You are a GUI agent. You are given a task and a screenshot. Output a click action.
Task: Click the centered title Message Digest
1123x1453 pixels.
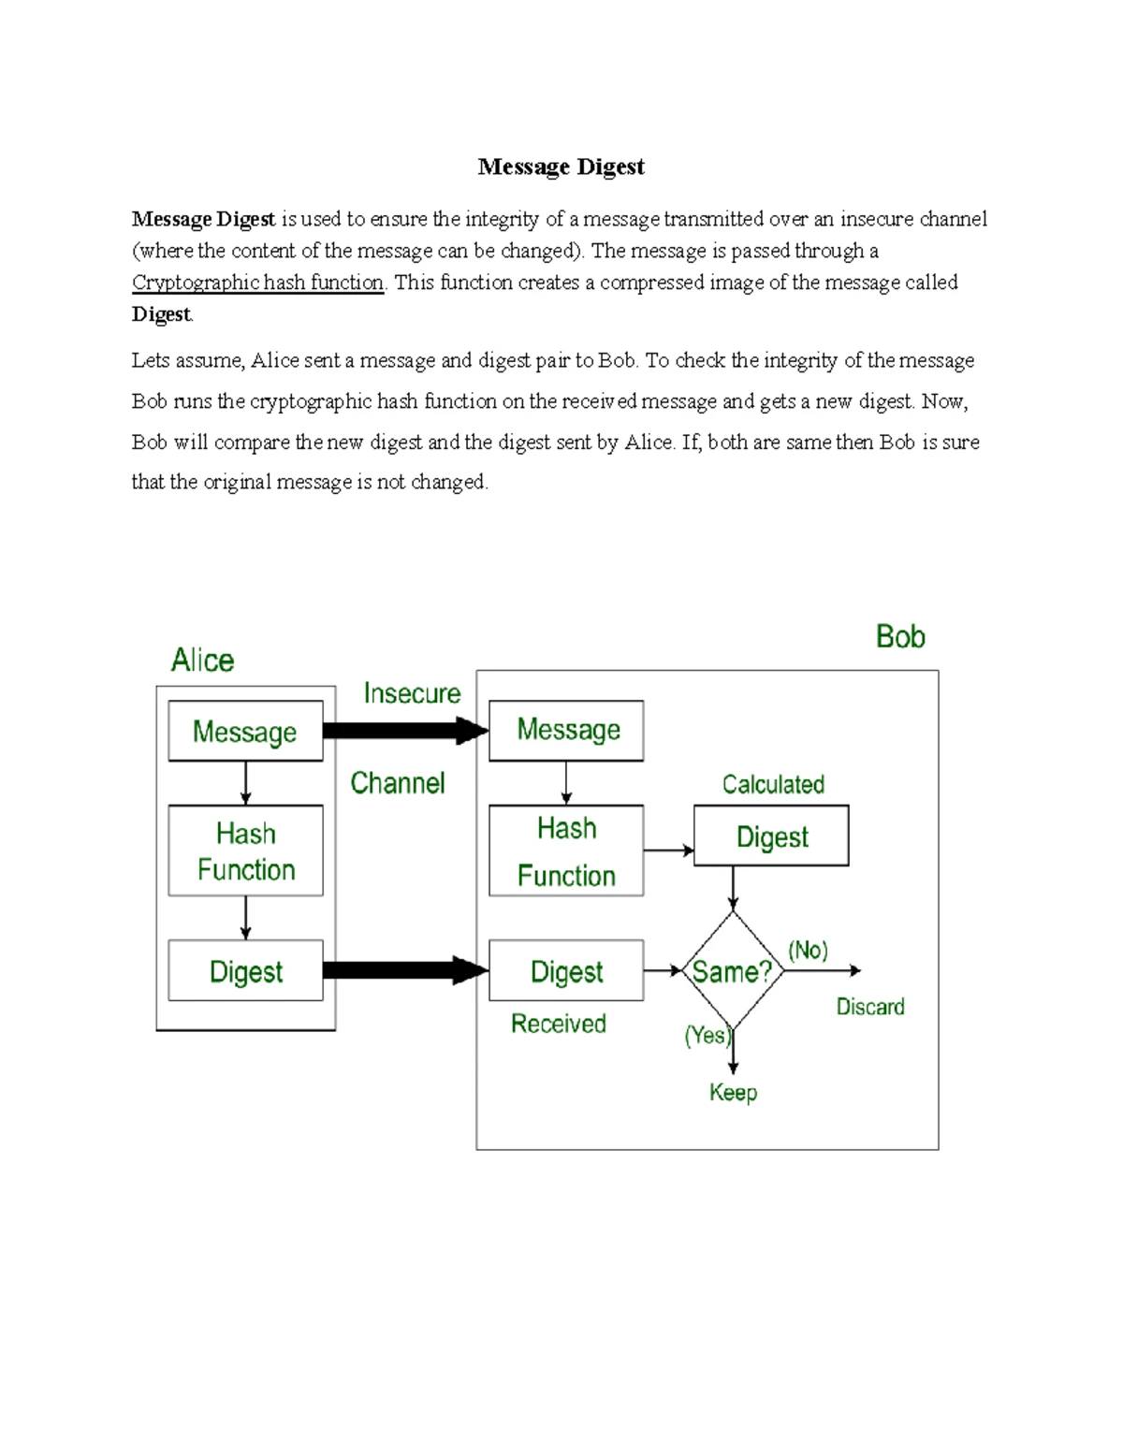tap(561, 167)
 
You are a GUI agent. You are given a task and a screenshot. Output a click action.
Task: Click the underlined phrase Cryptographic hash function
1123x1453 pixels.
tap(257, 283)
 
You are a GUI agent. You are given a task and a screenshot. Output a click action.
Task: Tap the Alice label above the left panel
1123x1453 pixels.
tap(202, 661)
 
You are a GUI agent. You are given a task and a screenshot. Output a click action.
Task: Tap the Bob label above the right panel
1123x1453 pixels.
tap(900, 637)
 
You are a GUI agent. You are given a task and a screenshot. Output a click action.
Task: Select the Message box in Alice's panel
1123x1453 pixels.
tap(245, 731)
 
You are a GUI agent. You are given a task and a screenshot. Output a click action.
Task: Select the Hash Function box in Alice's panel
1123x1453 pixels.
tap(245, 850)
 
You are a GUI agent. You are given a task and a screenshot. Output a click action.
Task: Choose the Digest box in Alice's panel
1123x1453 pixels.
tap(245, 971)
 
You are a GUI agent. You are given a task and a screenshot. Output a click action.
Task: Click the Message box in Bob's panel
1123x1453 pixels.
tap(566, 730)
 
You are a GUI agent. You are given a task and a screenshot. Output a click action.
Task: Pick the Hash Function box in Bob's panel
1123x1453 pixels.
tap(566, 850)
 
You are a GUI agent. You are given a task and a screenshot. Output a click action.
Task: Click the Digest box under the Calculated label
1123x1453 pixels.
tap(771, 835)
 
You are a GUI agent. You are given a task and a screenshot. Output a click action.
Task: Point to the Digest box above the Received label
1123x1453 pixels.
tap(566, 971)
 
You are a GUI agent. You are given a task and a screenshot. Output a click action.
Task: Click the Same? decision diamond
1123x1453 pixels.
tap(733, 971)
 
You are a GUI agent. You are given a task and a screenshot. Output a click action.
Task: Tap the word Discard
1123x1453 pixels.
tap(870, 1007)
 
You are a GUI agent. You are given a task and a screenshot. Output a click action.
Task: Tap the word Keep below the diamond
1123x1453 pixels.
tap(733, 1092)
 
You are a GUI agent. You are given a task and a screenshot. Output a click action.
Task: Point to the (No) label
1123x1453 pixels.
tap(808, 951)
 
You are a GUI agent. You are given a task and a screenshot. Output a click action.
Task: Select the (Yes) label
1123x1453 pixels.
tap(707, 1035)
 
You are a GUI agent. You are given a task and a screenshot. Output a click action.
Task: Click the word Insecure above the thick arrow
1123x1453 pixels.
tap(412, 693)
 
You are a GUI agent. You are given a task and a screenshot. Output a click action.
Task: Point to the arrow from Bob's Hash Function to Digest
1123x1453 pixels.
tap(668, 850)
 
